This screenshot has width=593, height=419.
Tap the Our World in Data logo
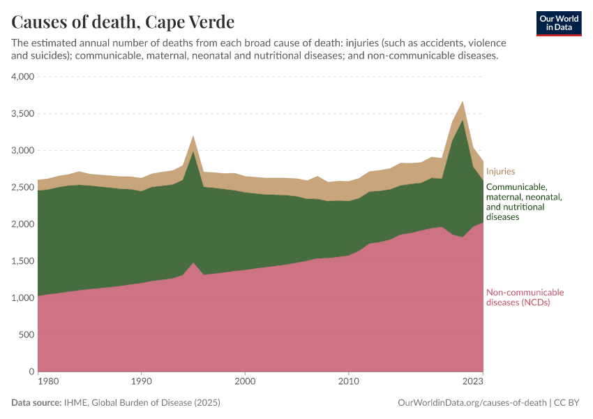(559, 23)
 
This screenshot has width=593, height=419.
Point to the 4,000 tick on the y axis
(22, 77)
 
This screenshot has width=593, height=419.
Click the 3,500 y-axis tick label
(22, 114)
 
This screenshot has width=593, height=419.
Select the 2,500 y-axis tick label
(22, 187)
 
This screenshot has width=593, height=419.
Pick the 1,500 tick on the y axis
(22, 261)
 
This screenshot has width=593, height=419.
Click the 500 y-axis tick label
(27, 335)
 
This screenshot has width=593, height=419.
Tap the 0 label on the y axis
(31, 372)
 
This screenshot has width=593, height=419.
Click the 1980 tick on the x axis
(48, 382)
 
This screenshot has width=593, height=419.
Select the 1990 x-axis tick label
(142, 382)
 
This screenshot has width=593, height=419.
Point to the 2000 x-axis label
(245, 382)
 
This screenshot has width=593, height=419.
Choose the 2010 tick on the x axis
(348, 382)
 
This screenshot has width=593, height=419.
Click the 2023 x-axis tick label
(473, 382)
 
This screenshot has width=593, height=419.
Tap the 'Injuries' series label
(500, 172)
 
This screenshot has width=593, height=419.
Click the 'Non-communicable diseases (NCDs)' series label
(524, 297)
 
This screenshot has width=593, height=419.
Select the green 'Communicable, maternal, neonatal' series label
(524, 202)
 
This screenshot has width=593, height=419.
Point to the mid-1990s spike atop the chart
(193, 137)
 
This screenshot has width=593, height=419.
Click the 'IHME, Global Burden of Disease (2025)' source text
(142, 403)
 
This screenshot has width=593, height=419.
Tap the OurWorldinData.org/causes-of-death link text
(472, 403)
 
